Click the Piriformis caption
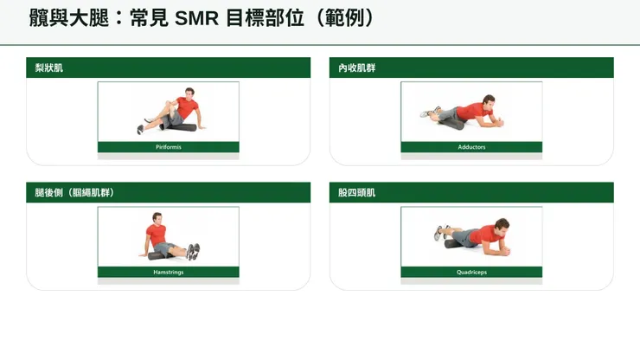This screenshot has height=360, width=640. (x=169, y=147)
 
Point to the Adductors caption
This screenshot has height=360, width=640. (x=471, y=147)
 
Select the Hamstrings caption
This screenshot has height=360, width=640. (x=169, y=272)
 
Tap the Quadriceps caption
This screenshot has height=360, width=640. (x=471, y=272)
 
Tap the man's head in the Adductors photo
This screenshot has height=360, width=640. (x=489, y=101)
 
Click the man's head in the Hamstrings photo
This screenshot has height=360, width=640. (x=157, y=219)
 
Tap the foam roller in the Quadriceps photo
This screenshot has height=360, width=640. (x=456, y=243)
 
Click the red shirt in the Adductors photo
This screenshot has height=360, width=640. (x=474, y=111)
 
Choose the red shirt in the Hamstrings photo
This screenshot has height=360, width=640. (x=156, y=235)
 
